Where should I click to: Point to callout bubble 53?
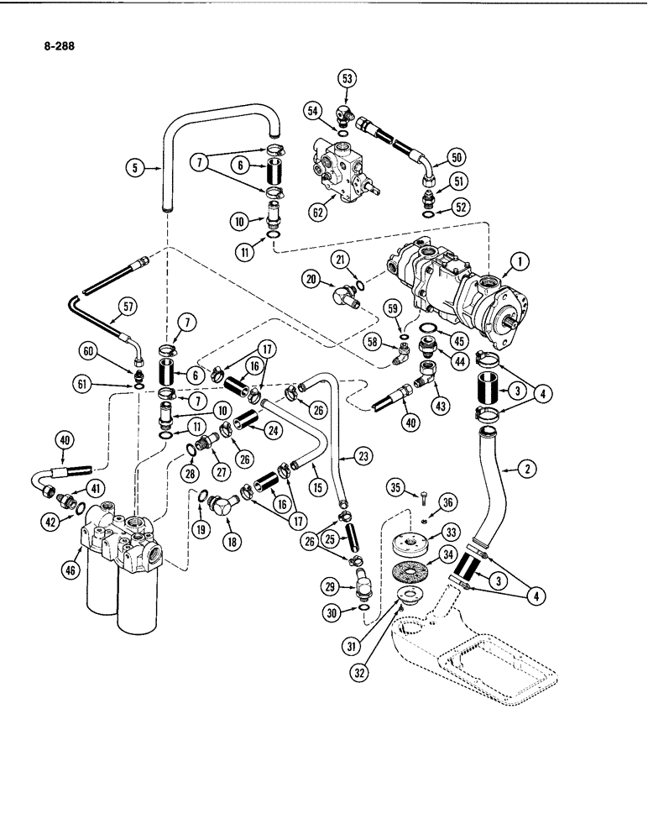pyautogui.click(x=348, y=80)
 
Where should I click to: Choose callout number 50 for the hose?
pyautogui.click(x=457, y=157)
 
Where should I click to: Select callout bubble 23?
pyautogui.click(x=363, y=458)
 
